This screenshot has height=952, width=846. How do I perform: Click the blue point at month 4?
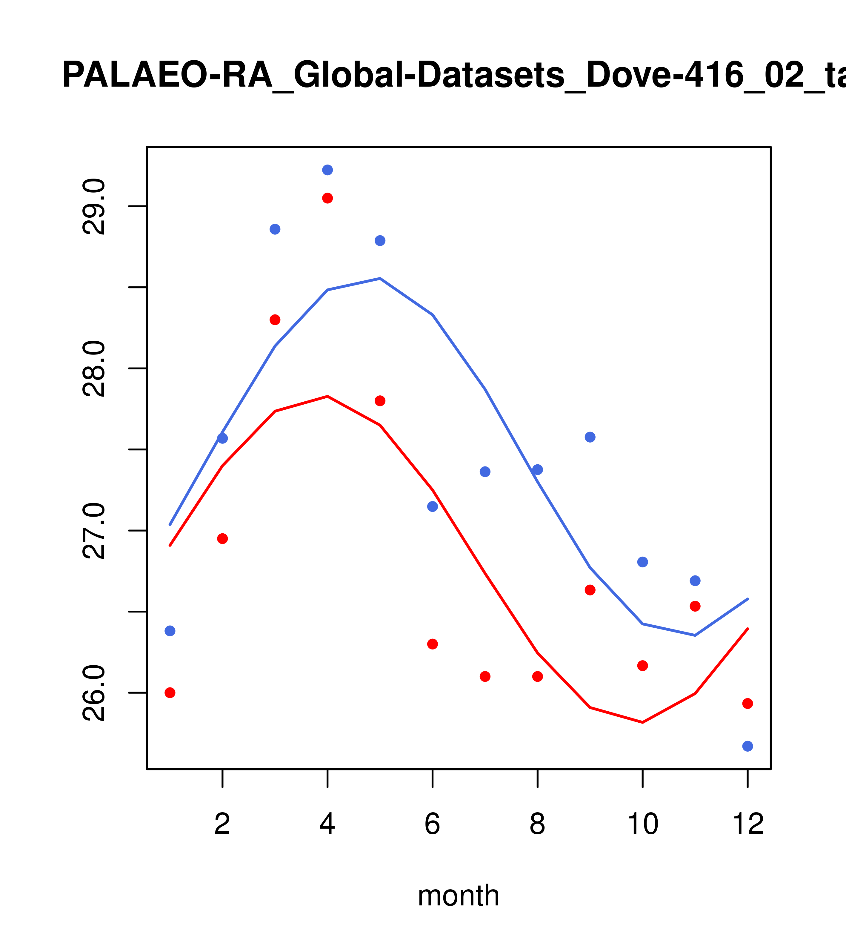coord(327,170)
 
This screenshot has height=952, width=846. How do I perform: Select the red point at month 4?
coord(327,198)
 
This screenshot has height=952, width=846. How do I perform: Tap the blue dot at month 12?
coord(747,746)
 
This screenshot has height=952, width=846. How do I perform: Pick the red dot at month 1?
coord(170,692)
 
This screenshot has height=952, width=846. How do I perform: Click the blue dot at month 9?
coord(590,437)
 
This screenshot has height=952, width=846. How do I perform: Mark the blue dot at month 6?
coord(433,506)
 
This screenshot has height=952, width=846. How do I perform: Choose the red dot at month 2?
coord(223,538)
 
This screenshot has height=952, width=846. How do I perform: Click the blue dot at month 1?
coord(170,631)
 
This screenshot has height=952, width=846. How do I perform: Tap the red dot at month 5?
coord(380,400)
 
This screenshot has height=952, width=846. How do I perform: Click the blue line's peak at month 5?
coord(380,279)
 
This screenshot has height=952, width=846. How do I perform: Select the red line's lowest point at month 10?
coord(642,722)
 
